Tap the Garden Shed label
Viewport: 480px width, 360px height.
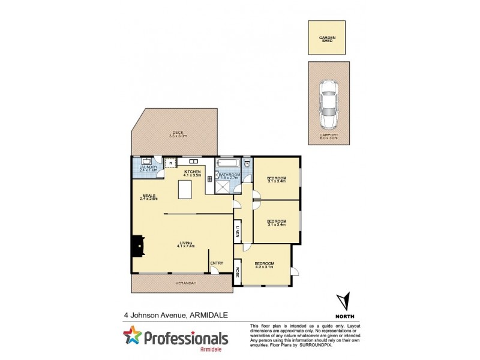(328, 40)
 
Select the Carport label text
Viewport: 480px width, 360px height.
(329, 136)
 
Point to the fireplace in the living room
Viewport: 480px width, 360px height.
(137, 244)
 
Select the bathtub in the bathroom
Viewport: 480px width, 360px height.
(228, 163)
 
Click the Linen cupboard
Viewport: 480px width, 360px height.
(238, 231)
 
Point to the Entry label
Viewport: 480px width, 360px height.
(216, 263)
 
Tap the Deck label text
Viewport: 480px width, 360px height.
(178, 133)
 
